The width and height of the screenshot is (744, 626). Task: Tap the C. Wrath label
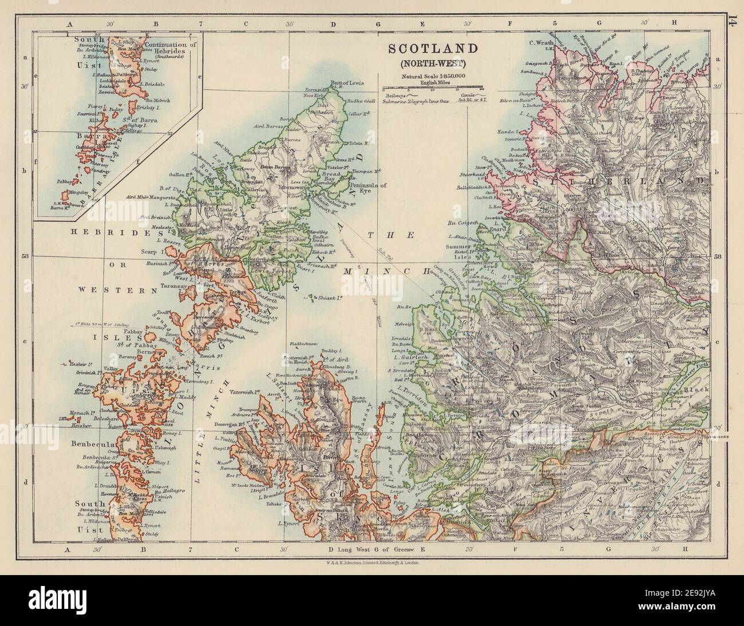[540, 42]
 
